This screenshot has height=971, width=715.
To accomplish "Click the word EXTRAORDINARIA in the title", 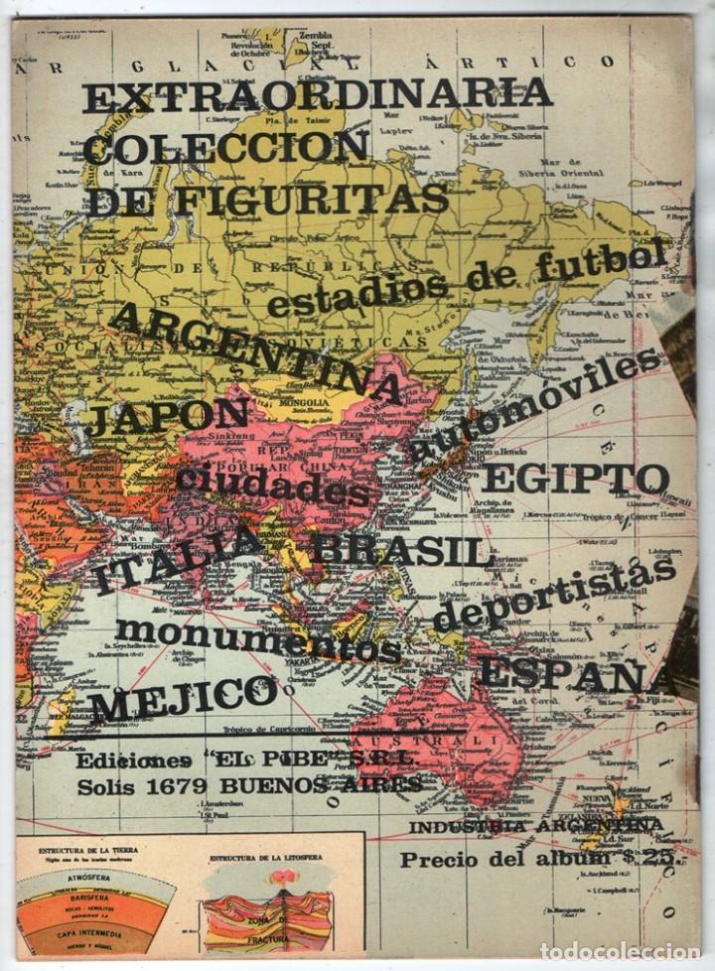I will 318,95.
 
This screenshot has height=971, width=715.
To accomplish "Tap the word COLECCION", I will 226,147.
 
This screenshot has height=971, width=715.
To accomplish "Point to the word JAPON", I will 168,417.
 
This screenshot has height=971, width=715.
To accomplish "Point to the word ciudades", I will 273,484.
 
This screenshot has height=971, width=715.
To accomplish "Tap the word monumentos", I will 257,639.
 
